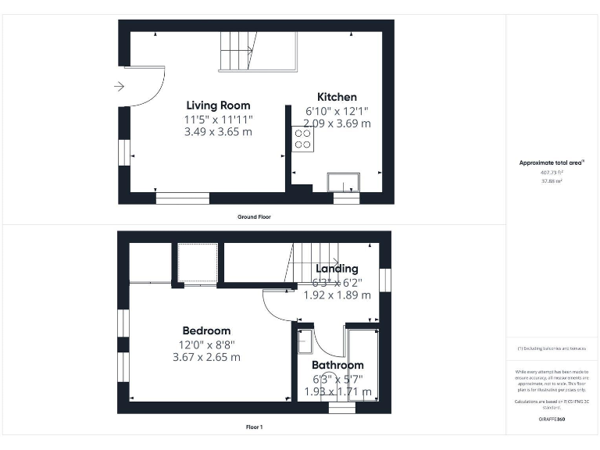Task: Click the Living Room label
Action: (x=218, y=105)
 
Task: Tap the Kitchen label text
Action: (x=337, y=97)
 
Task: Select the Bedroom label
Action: (x=206, y=330)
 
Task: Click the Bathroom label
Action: (x=337, y=365)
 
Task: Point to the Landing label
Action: (x=337, y=269)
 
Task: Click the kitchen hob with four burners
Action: (x=302, y=139)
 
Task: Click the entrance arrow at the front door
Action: (x=119, y=87)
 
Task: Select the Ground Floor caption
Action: (x=254, y=216)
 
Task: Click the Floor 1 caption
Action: (x=254, y=427)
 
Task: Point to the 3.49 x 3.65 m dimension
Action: (x=218, y=132)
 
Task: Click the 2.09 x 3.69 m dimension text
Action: (x=337, y=123)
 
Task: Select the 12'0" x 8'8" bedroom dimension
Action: (x=206, y=344)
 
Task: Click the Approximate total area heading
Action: (x=552, y=162)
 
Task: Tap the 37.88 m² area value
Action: (x=552, y=180)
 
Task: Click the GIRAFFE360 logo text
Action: (x=552, y=420)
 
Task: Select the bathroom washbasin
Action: (x=305, y=341)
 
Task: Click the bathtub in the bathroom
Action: (x=362, y=363)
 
